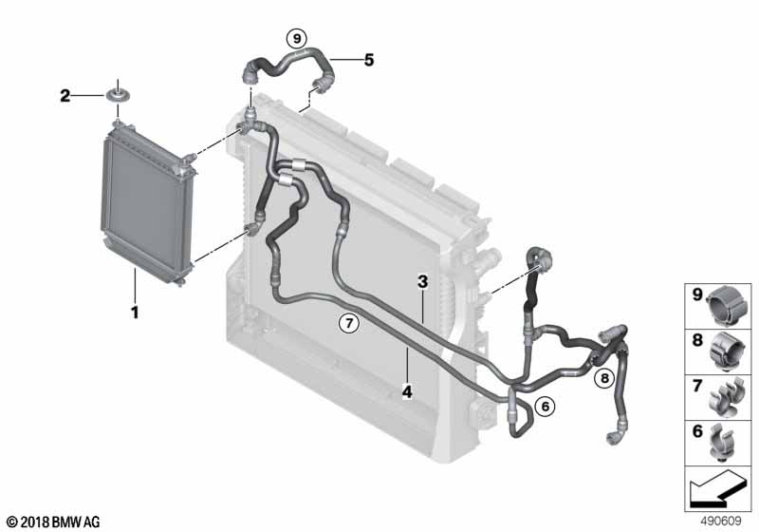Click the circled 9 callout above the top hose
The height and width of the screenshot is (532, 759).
[x=296, y=38]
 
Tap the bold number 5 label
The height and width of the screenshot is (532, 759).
[x=369, y=60]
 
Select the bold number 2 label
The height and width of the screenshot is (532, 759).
[x=65, y=95]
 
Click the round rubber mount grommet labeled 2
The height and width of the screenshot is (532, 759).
[x=117, y=94]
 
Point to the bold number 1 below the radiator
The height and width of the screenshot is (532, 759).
[x=135, y=312]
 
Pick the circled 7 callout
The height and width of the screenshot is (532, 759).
[x=349, y=322]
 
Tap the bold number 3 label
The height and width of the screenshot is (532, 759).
[x=423, y=281]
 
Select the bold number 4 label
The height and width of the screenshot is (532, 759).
[x=408, y=391]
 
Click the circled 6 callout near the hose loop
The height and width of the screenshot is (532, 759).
[x=545, y=406]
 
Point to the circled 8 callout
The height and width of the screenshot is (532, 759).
[x=604, y=377]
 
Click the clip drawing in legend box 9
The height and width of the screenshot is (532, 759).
[x=727, y=305]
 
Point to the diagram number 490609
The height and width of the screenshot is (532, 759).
[x=721, y=521]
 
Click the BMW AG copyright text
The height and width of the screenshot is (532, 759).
[x=54, y=522]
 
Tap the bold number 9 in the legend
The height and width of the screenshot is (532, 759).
[x=697, y=294]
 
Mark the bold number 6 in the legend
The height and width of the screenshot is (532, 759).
[x=697, y=430]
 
